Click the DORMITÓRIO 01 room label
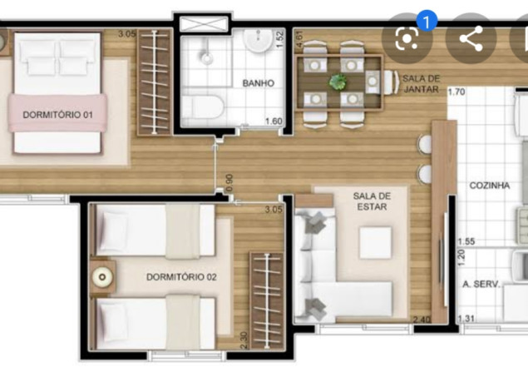click(57, 115)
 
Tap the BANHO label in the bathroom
click(259, 83)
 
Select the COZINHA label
click(489, 186)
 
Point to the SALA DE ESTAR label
click(372, 201)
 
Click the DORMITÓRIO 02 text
click(181, 277)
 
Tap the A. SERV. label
click(481, 284)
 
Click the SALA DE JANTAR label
click(421, 84)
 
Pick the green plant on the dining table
click(338, 82)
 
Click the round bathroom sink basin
click(258, 41)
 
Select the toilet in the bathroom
click(202, 107)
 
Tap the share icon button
click(471, 38)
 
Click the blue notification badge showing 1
click(427, 21)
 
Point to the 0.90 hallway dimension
click(229, 183)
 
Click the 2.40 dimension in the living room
click(422, 319)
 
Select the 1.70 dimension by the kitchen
click(456, 92)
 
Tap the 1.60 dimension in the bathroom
click(274, 121)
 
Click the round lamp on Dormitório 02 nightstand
click(101, 277)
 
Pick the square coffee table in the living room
click(376, 243)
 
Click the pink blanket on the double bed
click(57, 113)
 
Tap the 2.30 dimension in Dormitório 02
click(244, 340)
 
